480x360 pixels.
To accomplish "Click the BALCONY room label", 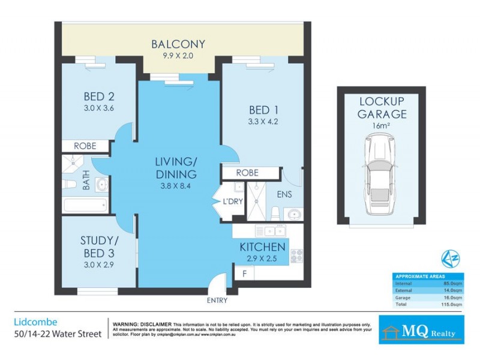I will coord(178,44).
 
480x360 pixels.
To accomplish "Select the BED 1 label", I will coord(262,110).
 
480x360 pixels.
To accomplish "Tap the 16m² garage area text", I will coord(382,127).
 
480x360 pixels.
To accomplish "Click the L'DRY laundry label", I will coord(233,201).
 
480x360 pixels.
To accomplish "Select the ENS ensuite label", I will coord(284,194).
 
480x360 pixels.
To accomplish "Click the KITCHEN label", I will coord(262,247).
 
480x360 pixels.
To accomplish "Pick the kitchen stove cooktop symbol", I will coord(296,256).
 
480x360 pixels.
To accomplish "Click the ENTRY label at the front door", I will coord(217,299).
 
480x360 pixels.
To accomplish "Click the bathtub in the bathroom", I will coord(86,206).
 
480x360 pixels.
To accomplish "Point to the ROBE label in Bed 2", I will coord(85,146).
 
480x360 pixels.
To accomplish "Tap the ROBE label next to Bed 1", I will coord(247,173).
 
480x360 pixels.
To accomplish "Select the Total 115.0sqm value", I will coord(453,304).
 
